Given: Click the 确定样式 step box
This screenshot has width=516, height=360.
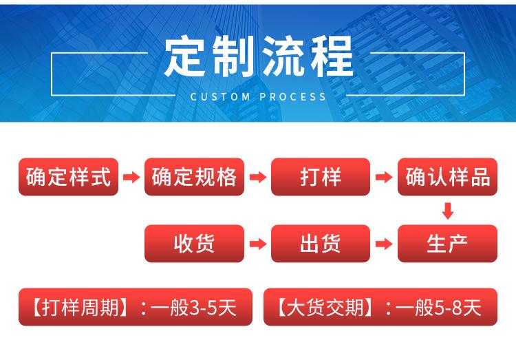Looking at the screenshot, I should pyautogui.click(x=68, y=177).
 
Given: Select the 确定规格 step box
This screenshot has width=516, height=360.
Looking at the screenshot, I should pyautogui.click(x=194, y=177).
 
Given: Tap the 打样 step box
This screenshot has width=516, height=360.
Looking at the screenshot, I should pyautogui.click(x=321, y=177).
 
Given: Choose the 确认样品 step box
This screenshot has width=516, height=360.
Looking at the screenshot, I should pyautogui.click(x=447, y=177).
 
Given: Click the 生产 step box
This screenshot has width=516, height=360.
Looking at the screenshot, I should pyautogui.click(x=447, y=244).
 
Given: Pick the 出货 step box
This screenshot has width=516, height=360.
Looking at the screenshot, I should pyautogui.click(x=321, y=244).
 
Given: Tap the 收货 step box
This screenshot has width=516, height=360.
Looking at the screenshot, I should pyautogui.click(x=194, y=244).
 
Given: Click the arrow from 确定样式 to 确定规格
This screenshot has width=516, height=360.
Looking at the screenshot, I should pyautogui.click(x=131, y=178).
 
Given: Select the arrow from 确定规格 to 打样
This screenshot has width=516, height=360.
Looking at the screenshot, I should pyautogui.click(x=257, y=178).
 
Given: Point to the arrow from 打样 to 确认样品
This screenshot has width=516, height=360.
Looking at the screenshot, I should pyautogui.click(x=383, y=178).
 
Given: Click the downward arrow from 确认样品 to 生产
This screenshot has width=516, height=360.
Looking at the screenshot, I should pyautogui.click(x=448, y=211).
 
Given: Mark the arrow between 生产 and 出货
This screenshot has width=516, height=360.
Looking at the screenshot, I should pyautogui.click(x=383, y=244).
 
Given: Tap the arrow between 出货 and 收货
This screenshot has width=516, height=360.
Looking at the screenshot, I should pyautogui.click(x=257, y=244).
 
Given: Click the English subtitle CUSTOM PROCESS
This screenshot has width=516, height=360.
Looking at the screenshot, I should pyautogui.click(x=258, y=97).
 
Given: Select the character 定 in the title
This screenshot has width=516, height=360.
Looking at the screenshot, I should pyautogui.click(x=186, y=57).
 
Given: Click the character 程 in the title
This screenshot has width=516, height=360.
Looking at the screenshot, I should pyautogui.click(x=330, y=57).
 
